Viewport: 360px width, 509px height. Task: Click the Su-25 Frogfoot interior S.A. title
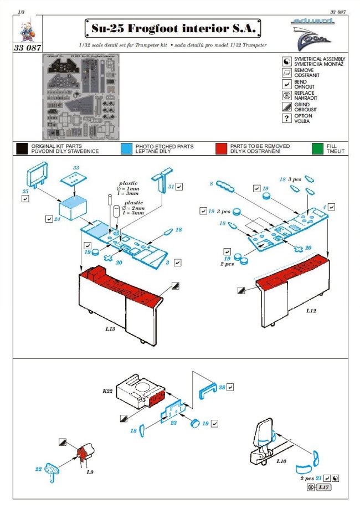coord(172,28)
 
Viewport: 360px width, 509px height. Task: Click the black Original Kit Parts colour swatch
coord(22,148)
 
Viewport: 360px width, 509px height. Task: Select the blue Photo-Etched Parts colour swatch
coord(126,148)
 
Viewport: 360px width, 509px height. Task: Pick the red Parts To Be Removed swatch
coord(222,148)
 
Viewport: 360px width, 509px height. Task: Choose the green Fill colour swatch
coord(317,148)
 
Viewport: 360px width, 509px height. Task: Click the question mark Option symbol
coord(286,119)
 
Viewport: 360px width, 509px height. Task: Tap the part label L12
coord(311,311)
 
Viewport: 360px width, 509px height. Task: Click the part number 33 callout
coord(76,168)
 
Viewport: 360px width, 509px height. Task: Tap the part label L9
coord(89,472)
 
